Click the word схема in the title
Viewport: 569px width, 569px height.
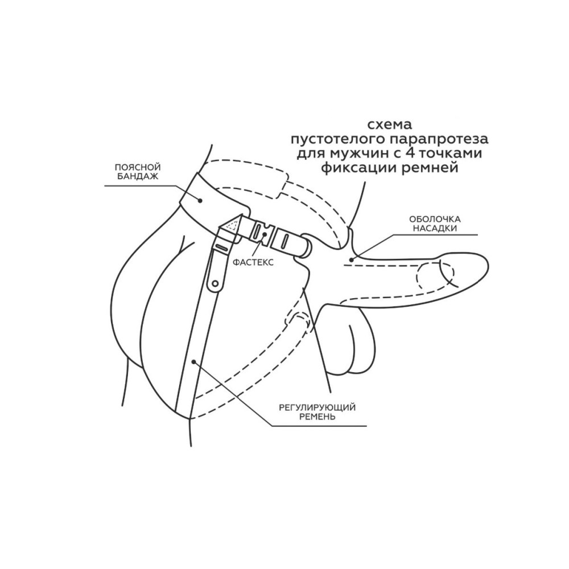pyautogui.click(x=390, y=125)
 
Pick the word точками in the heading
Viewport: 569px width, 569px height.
pyautogui.click(x=451, y=154)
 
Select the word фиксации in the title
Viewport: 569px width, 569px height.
pyautogui.click(x=359, y=168)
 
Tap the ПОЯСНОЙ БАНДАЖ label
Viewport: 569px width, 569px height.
pyautogui.click(x=138, y=172)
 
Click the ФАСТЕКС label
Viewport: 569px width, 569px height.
pyautogui.click(x=253, y=262)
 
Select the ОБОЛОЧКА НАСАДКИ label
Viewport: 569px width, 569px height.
pyautogui.click(x=435, y=224)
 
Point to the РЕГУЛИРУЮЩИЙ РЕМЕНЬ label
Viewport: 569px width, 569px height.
pyautogui.click(x=317, y=412)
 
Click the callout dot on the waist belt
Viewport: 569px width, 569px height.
pyautogui.click(x=200, y=199)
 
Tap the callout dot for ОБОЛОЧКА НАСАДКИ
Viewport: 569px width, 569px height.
pyautogui.click(x=351, y=259)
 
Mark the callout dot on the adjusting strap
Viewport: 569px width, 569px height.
pyautogui.click(x=194, y=361)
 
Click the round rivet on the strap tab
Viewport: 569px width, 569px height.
pyautogui.click(x=215, y=283)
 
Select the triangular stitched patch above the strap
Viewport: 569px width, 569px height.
pyautogui.click(x=232, y=225)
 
